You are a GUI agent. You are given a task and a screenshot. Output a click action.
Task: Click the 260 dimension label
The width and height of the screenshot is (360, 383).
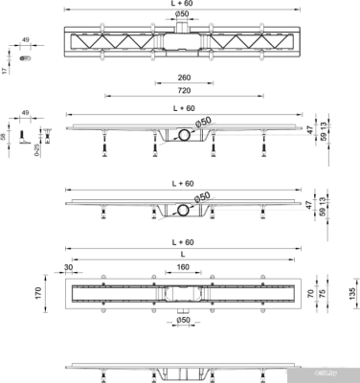pyautogui.click(x=180, y=79)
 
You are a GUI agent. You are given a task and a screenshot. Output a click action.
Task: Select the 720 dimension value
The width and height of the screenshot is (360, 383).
pyautogui.click(x=180, y=90)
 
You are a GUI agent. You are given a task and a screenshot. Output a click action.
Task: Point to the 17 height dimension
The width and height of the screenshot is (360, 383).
pyautogui.click(x=5, y=70)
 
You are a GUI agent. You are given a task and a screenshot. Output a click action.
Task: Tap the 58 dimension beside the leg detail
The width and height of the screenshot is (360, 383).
pyautogui.click(x=5, y=138)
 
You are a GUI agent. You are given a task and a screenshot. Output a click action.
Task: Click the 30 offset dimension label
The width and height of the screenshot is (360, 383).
pyautogui.click(x=69, y=268)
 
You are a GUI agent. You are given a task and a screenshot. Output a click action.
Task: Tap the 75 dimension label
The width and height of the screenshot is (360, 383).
pyautogui.click(x=334, y=293)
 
